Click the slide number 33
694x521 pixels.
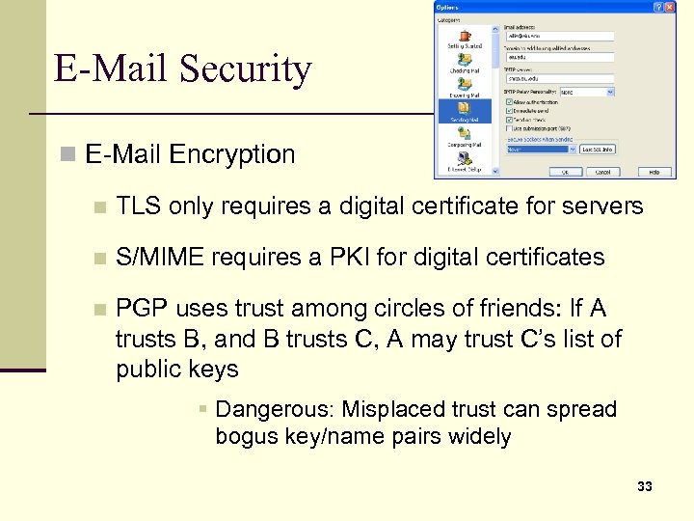click(x=645, y=486)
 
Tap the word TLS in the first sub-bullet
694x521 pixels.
click(x=137, y=206)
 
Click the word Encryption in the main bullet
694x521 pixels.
click(x=232, y=154)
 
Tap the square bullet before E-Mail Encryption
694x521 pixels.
click(x=67, y=154)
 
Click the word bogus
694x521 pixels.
click(x=246, y=436)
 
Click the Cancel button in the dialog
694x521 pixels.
click(x=602, y=172)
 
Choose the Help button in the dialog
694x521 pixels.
click(x=654, y=172)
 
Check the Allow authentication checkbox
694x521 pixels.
click(x=510, y=101)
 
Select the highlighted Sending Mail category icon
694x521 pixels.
click(x=464, y=108)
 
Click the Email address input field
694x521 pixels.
click(x=559, y=36)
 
